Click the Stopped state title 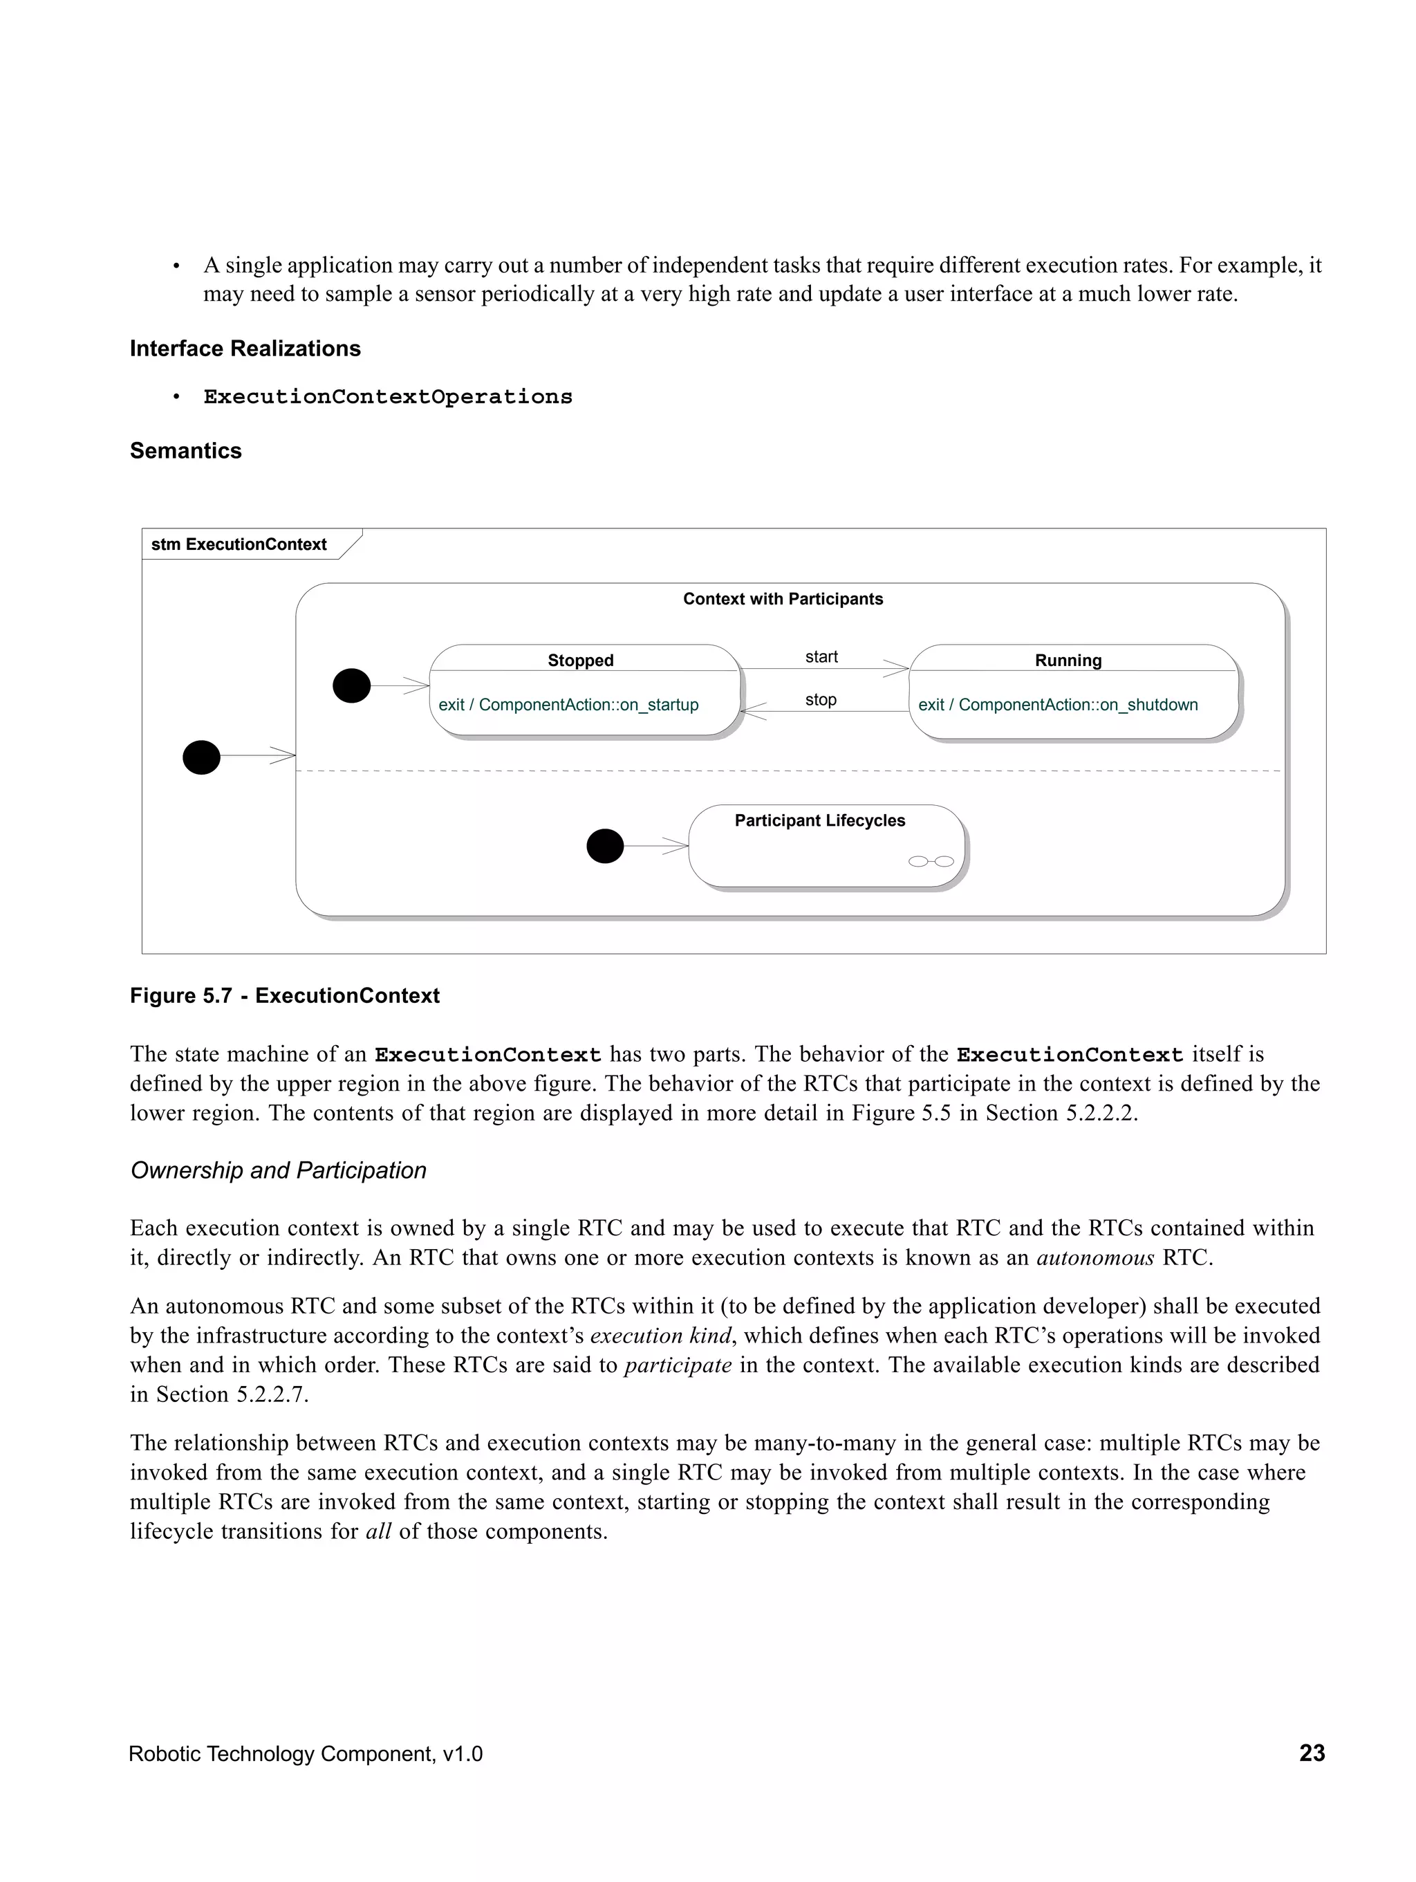[580, 661]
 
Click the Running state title [1068, 661]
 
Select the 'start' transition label [821, 657]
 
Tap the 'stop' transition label [820, 699]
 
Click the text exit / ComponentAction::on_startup [568, 705]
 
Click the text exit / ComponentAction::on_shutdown [1057, 705]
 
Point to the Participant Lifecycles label [819, 820]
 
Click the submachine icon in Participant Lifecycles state [931, 861]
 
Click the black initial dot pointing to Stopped [351, 685]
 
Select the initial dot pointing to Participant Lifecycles [605, 846]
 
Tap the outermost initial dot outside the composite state [202, 757]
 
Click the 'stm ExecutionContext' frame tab [239, 544]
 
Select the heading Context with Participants [783, 599]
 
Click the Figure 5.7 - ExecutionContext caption [284, 995]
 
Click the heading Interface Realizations [245, 349]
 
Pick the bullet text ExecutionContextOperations [388, 397]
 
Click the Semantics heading [185, 451]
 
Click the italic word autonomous [1094, 1257]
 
